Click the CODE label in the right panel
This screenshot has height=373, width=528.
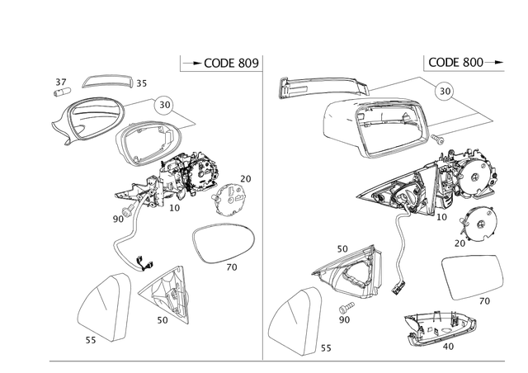[x=455, y=63]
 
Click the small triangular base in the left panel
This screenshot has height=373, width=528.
[x=166, y=293]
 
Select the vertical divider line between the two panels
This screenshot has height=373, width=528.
[x=263, y=215]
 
